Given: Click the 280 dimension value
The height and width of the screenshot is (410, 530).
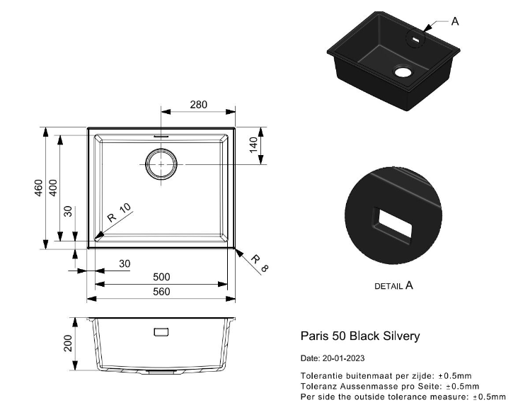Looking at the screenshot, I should click(x=199, y=105).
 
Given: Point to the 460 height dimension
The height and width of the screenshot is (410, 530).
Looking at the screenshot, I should click(x=40, y=188).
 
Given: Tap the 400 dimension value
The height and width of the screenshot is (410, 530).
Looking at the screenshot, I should click(x=52, y=188).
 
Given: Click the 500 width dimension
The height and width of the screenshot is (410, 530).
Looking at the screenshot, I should click(x=162, y=278).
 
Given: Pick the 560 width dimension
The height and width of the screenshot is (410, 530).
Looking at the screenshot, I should click(x=162, y=292).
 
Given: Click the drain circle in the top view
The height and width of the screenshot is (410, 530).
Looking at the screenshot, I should click(x=161, y=164).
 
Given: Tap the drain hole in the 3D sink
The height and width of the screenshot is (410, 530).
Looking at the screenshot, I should click(x=403, y=72).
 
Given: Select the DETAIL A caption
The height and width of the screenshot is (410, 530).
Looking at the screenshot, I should click(x=393, y=286).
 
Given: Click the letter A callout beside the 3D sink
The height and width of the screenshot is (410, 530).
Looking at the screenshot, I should click(x=455, y=21).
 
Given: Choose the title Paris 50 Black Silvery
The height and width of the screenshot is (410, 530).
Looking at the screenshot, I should click(x=360, y=336).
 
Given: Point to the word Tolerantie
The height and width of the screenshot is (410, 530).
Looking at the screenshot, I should click(x=321, y=375).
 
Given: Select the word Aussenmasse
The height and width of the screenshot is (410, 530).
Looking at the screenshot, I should click(x=360, y=386).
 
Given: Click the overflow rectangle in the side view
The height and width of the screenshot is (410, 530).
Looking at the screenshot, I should click(x=161, y=331).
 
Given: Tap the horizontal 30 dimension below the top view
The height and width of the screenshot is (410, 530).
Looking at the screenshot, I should click(x=125, y=263).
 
